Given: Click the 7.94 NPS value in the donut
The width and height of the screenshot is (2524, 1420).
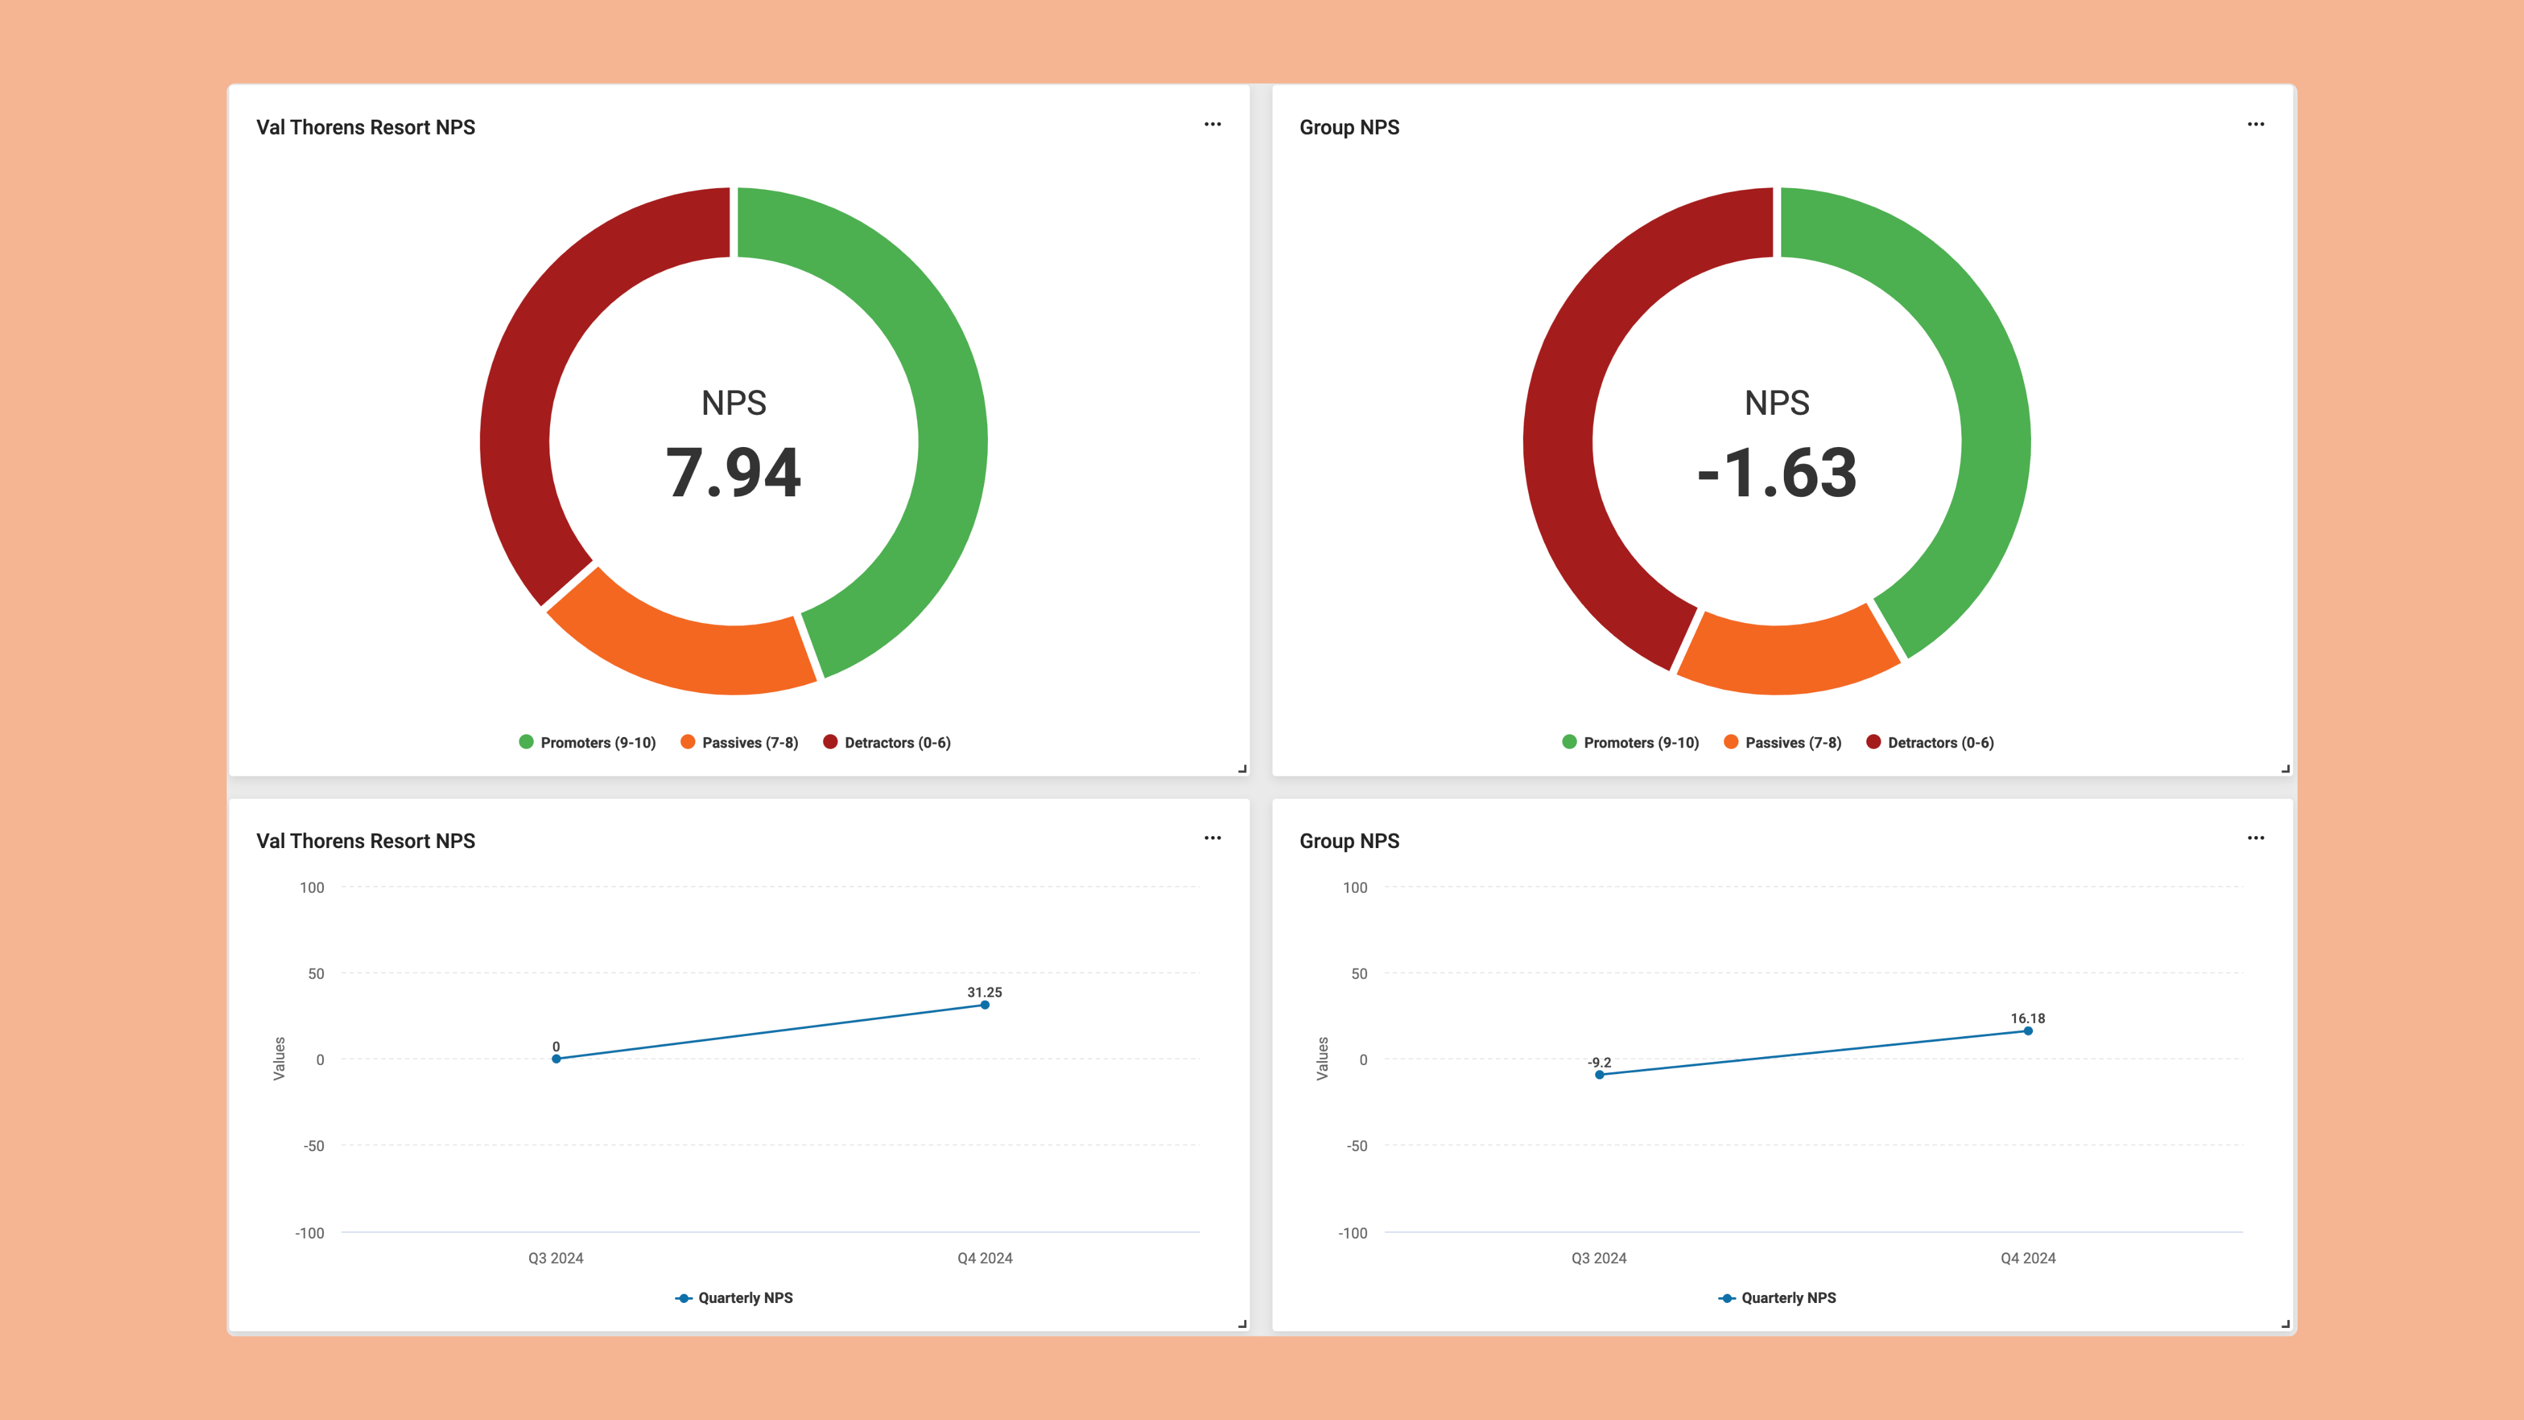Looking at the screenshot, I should pyautogui.click(x=733, y=473).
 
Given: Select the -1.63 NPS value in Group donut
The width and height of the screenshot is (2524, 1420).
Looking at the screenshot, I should pyautogui.click(x=1777, y=473).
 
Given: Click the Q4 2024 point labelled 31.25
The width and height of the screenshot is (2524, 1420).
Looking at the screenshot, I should pyautogui.click(x=985, y=1005).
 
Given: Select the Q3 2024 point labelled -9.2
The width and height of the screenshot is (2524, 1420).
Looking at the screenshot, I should pyautogui.click(x=1599, y=1075).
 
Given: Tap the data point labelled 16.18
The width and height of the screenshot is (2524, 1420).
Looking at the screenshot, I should pyautogui.click(x=2027, y=1031).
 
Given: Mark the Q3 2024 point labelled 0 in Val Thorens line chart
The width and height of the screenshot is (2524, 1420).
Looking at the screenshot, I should pyautogui.click(x=555, y=1058).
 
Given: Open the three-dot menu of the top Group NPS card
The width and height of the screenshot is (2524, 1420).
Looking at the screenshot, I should pyautogui.click(x=2256, y=124).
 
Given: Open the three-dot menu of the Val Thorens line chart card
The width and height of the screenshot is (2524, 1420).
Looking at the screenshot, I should pyautogui.click(x=1212, y=838).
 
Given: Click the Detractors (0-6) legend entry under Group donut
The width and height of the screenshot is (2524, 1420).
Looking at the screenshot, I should pyautogui.click(x=1930, y=743).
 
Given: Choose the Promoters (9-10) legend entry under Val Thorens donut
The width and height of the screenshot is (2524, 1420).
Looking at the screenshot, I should pyautogui.click(x=587, y=743).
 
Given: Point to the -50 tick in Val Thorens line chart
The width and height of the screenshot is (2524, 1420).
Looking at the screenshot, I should pyautogui.click(x=314, y=1146).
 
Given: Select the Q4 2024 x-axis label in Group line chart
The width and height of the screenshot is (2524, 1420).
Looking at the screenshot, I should pyautogui.click(x=2027, y=1258).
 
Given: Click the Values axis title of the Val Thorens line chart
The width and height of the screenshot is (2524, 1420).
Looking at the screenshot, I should pyautogui.click(x=278, y=1058).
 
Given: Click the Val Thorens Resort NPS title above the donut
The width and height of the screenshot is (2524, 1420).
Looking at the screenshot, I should pyautogui.click(x=365, y=128).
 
